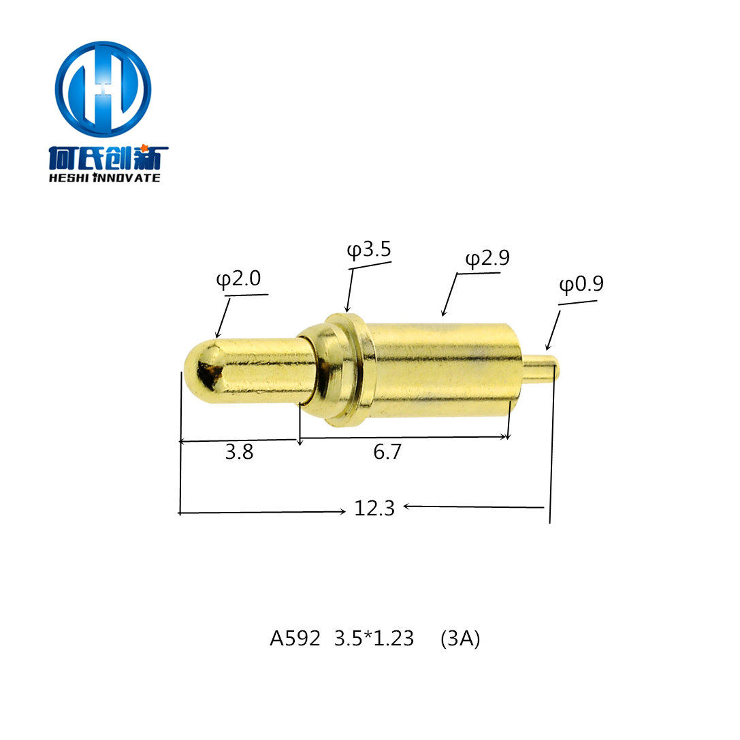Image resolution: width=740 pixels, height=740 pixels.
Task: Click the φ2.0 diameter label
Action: tap(238, 279)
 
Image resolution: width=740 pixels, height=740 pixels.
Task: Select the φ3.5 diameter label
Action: tap(369, 250)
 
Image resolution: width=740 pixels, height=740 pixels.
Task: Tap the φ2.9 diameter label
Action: tap(487, 258)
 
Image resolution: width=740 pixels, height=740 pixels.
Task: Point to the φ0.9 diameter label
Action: tap(581, 284)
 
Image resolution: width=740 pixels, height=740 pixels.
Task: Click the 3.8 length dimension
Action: tap(239, 452)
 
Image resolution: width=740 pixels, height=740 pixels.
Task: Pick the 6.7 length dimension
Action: tap(387, 452)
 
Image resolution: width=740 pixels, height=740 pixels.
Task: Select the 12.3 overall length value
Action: tap(374, 508)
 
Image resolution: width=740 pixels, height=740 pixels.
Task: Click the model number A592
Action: tap(294, 639)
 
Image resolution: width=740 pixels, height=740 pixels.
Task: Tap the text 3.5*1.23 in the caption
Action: tap(374, 639)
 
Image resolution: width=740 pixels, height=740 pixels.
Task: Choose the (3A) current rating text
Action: tap(460, 639)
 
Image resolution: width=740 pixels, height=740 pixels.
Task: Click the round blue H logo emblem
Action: tap(103, 89)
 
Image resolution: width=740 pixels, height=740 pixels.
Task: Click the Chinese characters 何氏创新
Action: tap(108, 158)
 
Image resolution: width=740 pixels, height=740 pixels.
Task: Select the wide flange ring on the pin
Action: tap(349, 370)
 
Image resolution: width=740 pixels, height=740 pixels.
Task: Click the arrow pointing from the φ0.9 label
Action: tap(552, 332)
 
